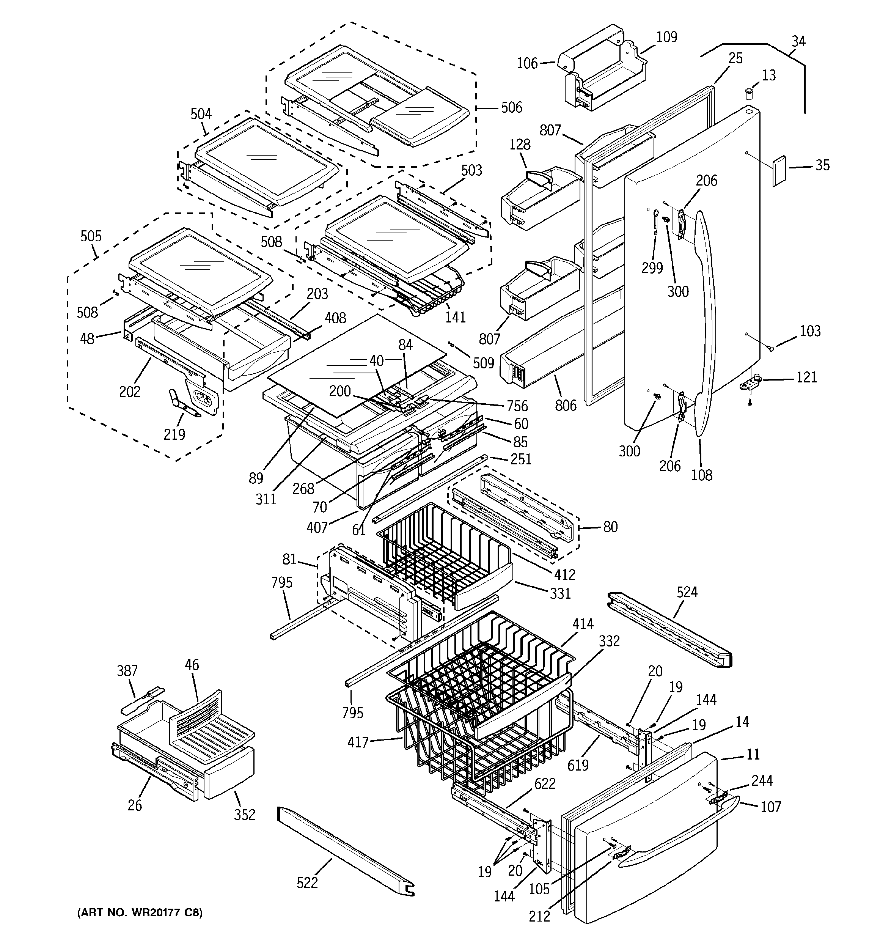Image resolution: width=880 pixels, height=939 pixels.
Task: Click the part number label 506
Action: pos(512,108)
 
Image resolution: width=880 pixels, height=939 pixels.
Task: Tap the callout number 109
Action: pos(666,37)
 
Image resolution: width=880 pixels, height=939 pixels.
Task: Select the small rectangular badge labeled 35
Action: pos(779,171)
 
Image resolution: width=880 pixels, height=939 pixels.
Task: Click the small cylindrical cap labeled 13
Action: pos(748,93)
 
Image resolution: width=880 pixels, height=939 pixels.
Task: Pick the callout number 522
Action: pos(307,882)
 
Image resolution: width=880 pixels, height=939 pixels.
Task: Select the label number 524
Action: pos(687,592)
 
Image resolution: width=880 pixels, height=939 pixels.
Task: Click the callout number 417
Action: pos(358,742)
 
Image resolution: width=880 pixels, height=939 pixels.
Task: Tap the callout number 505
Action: pos(91,236)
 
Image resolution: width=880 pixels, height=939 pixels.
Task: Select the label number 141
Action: pos(455,317)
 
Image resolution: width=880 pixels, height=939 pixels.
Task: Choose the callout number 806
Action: pos(566,405)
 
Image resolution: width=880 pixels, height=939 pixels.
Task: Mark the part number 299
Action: pos(652,268)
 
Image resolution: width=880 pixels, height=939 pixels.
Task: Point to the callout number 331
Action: pos(560,593)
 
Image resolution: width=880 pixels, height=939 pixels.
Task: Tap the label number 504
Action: pos(201,114)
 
